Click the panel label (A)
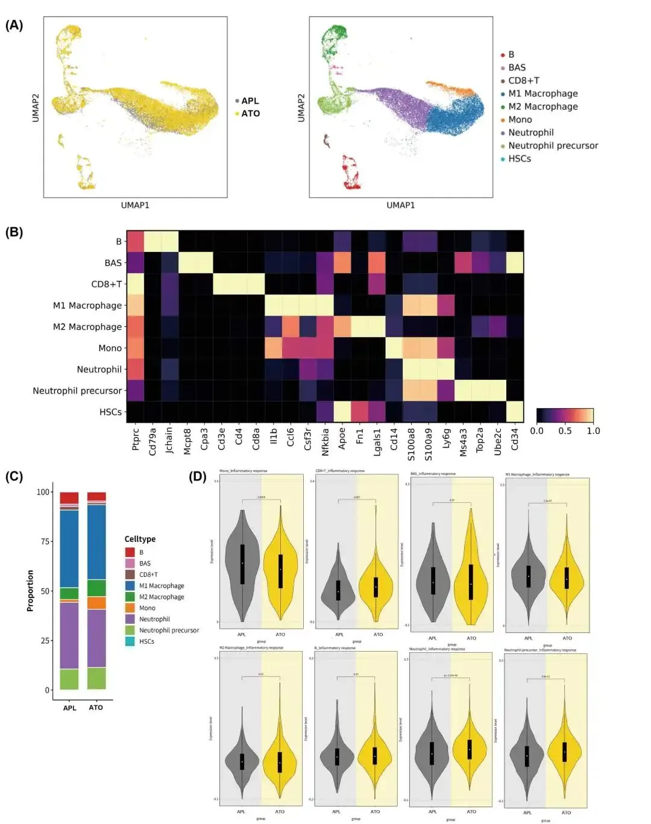point(14,25)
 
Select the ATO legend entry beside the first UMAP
point(250,113)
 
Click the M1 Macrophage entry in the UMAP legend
point(542,93)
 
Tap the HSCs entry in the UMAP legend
point(519,159)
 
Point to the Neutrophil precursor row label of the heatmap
point(77,391)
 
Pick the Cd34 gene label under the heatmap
point(515,439)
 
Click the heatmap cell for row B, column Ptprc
point(135,241)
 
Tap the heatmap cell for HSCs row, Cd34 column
point(515,412)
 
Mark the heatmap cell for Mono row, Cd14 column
point(394,348)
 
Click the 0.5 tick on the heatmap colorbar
point(565,431)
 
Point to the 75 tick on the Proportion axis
point(45,541)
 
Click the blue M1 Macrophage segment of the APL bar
point(69,549)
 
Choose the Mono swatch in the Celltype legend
point(130,608)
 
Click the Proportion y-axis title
point(30,591)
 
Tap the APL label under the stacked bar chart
point(70,708)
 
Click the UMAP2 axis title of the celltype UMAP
point(301,108)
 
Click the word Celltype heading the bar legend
point(140,539)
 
